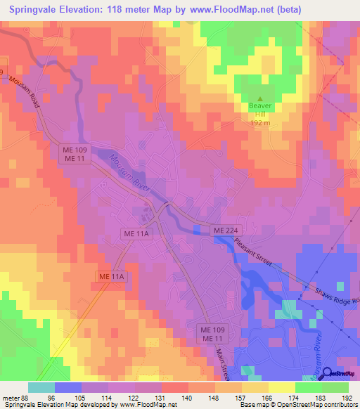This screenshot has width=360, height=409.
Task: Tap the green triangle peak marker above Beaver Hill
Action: pos(259,99)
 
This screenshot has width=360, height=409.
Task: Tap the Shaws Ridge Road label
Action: pos(335,297)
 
